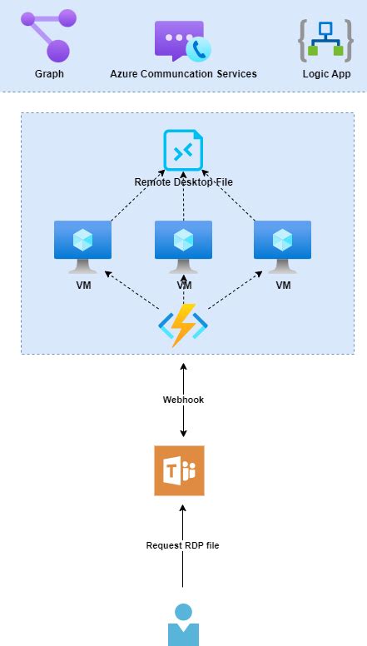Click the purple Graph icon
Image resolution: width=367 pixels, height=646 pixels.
(x=49, y=36)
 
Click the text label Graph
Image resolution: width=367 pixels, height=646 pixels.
(x=49, y=74)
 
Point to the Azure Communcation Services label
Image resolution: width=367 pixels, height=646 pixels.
(x=183, y=74)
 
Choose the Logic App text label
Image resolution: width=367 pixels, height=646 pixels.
(x=326, y=74)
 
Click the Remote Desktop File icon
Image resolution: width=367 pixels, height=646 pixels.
(x=183, y=152)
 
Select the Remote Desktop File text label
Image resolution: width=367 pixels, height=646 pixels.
(x=183, y=181)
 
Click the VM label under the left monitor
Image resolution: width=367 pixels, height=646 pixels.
(x=82, y=285)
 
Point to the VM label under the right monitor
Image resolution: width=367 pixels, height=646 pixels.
(x=283, y=285)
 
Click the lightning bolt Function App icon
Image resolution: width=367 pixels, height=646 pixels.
(x=183, y=325)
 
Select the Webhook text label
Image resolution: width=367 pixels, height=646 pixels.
(x=183, y=400)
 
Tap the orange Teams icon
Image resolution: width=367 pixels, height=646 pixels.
(x=179, y=470)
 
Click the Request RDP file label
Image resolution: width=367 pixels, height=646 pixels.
(x=182, y=545)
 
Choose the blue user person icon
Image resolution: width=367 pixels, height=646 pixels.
(x=183, y=624)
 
